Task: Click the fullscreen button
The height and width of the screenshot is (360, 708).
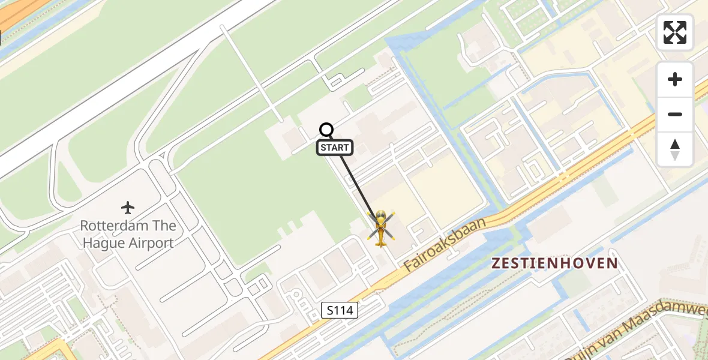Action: tap(675, 32)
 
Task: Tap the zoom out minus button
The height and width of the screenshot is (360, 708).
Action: tap(675, 114)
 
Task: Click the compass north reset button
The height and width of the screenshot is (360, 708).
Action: tap(675, 149)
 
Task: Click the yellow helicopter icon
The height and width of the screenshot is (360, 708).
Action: tap(381, 229)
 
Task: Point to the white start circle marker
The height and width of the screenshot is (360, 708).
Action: tap(326, 130)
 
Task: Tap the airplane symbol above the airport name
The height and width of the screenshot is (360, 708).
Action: tap(128, 208)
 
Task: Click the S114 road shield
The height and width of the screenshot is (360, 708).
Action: tap(340, 310)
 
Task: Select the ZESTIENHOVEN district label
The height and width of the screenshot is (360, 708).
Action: tap(554, 263)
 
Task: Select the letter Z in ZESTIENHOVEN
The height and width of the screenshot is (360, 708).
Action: tap(497, 263)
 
